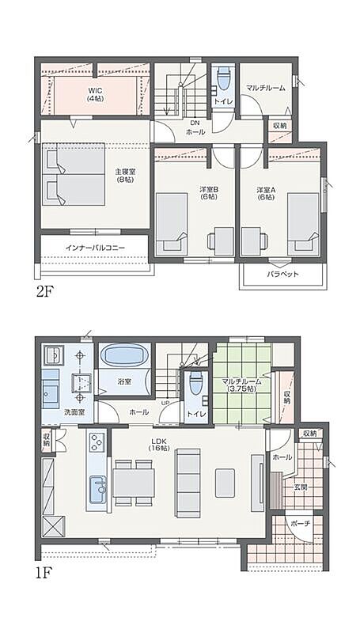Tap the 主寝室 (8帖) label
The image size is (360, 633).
[125, 175]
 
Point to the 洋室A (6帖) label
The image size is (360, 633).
[265, 192]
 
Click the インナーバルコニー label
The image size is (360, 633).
[95, 248]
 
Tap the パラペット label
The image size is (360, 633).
[282, 275]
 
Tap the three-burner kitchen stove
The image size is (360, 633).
[97, 442]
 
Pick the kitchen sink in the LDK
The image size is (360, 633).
[97, 489]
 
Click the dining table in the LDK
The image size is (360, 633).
[134, 483]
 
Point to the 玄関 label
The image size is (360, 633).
[301, 487]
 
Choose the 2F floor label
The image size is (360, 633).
[45, 290]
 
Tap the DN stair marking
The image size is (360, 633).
[195, 123]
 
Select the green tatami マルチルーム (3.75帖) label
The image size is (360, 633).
[242, 385]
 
